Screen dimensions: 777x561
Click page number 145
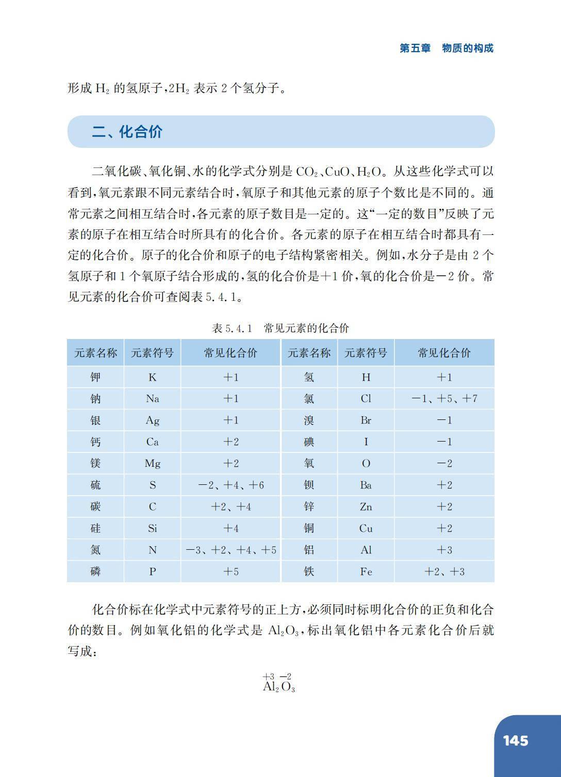(x=516, y=741)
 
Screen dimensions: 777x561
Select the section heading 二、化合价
(x=127, y=132)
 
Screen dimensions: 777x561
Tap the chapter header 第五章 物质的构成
(x=447, y=48)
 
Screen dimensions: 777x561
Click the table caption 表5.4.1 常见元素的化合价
(x=280, y=328)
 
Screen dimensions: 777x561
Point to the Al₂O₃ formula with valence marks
(x=278, y=683)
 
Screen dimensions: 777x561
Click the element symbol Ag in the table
(x=152, y=420)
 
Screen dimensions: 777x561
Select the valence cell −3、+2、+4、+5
(x=231, y=550)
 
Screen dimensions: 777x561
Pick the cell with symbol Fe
(x=366, y=572)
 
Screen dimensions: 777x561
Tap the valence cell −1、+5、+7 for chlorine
(x=444, y=399)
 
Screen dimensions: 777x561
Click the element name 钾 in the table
(x=95, y=377)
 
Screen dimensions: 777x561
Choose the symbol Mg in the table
(x=152, y=464)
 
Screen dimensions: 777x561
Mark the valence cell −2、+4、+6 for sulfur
(x=231, y=485)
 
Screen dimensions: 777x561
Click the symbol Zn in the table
(x=366, y=507)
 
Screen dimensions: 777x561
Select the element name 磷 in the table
(x=95, y=572)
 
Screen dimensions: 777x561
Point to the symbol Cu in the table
(x=366, y=529)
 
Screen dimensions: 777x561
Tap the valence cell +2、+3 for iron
(x=444, y=572)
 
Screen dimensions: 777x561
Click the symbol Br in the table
(x=366, y=420)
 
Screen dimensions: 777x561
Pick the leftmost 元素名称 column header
(x=95, y=353)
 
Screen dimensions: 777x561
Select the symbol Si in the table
(x=152, y=529)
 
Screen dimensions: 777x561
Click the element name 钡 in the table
(x=309, y=485)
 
